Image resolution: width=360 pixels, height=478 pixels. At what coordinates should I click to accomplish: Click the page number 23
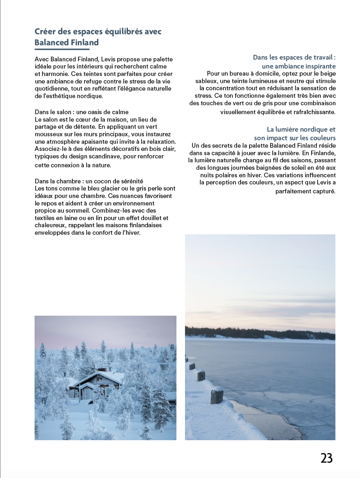tap(326, 458)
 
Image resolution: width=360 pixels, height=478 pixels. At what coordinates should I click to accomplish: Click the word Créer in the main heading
tap(45, 32)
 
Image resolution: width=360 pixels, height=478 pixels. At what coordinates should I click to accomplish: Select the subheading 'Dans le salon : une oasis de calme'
tap(82, 112)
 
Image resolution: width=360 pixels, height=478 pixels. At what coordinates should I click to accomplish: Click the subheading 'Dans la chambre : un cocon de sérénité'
tap(89, 181)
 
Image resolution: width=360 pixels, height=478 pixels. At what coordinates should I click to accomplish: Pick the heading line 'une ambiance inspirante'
tap(298, 66)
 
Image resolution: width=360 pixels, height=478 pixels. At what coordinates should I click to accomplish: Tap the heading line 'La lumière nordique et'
tap(301, 129)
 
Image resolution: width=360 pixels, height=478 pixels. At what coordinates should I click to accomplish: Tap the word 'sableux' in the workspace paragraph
tap(206, 81)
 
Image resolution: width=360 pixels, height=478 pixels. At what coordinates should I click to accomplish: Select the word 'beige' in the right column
tap(328, 74)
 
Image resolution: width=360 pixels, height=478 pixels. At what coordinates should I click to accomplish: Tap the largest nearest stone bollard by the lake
tap(217, 395)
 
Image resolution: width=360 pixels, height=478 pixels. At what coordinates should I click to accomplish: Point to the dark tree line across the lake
tap(260, 333)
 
